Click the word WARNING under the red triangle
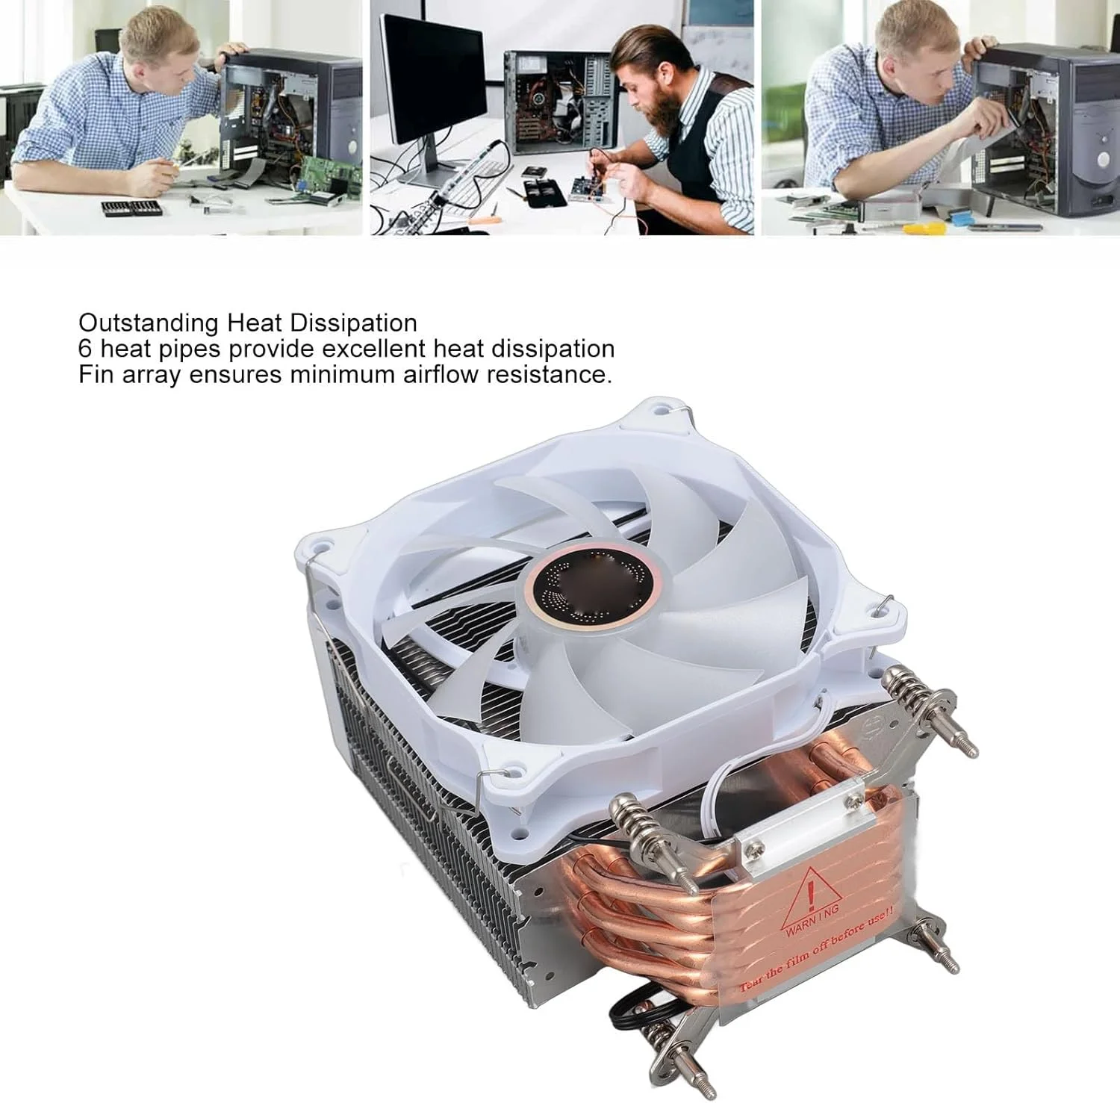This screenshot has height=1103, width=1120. pyautogui.click(x=812, y=920)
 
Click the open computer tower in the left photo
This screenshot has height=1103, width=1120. pyautogui.click(x=291, y=119)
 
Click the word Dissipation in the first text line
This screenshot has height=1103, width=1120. pyautogui.click(x=354, y=323)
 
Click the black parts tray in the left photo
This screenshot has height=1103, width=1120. pyautogui.click(x=132, y=208)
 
